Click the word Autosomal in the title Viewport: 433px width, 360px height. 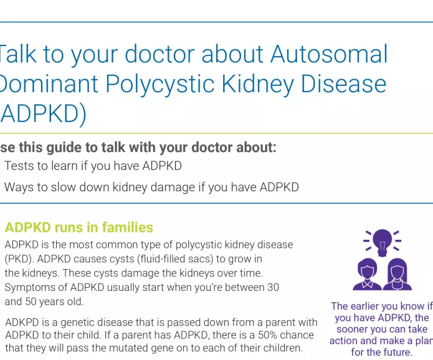pyautogui.click(x=329, y=55)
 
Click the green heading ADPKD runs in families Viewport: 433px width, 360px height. pyautogui.click(x=79, y=227)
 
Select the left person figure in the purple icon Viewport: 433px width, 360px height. pyautogui.click(x=367, y=275)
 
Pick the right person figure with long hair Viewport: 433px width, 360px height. pyautogui.click(x=397, y=275)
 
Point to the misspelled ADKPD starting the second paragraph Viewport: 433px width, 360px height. pyautogui.click(x=24, y=322)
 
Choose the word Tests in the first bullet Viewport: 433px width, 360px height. pyautogui.click(x=19, y=166)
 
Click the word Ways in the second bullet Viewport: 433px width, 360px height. pyautogui.click(x=19, y=187)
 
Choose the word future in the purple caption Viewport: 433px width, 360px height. pyautogui.click(x=396, y=352)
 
